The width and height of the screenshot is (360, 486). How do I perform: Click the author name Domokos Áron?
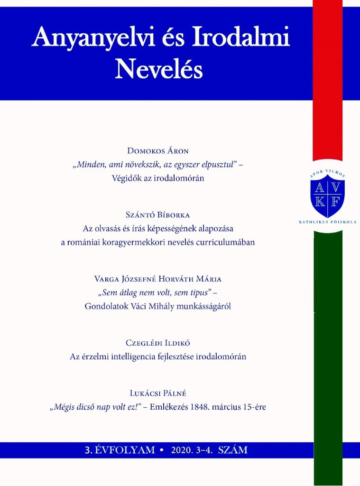coord(158,151)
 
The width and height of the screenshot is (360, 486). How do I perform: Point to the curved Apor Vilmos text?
coord(327,174)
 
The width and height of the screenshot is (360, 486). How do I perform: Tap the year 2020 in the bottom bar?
coord(184,450)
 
